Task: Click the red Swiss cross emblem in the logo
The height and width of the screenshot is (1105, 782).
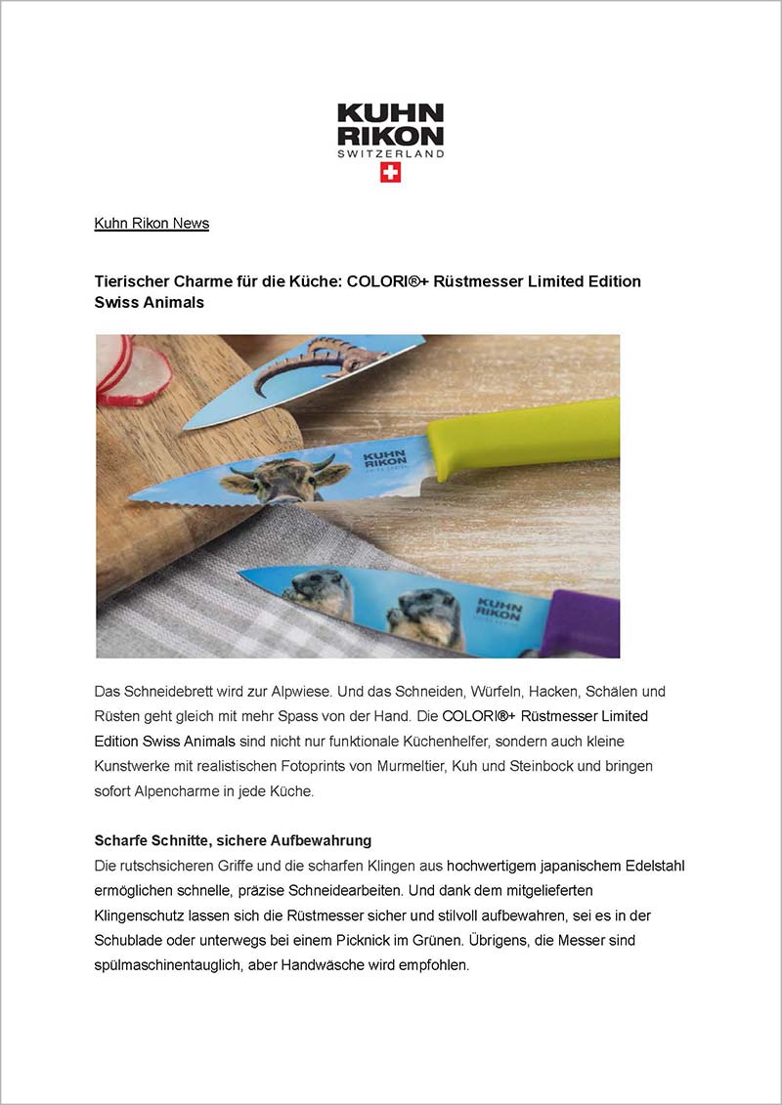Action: (390, 173)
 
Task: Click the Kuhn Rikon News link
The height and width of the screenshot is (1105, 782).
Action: (152, 224)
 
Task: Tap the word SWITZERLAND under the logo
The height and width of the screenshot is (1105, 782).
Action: (390, 153)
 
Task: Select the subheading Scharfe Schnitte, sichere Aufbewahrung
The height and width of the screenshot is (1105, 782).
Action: (233, 841)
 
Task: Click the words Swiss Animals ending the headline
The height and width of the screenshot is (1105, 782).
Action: (149, 303)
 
